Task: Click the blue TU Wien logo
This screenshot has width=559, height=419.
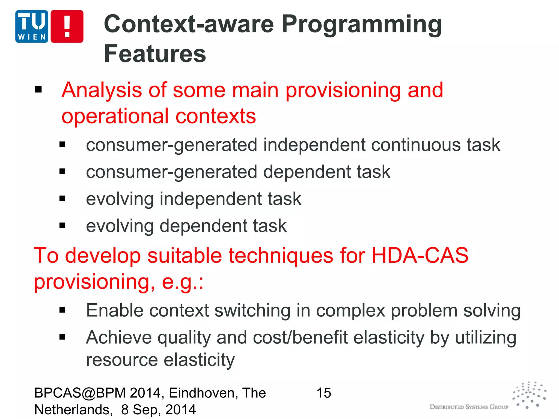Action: point(32,26)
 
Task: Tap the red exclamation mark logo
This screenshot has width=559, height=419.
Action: point(67,26)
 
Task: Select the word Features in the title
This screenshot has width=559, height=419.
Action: point(155,54)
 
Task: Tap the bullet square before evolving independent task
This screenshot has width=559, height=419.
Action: point(62,199)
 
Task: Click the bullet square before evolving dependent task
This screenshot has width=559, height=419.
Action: point(62,226)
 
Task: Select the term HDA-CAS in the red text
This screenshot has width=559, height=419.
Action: point(420,255)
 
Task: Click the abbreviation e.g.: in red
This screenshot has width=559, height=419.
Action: point(183,282)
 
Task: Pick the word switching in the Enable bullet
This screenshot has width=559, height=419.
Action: point(252,311)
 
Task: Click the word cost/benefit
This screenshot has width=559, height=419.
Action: point(300,337)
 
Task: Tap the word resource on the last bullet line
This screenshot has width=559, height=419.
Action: point(122,360)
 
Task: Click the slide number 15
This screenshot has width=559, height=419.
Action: point(324,393)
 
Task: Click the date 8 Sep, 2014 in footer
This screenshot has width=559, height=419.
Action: point(158,410)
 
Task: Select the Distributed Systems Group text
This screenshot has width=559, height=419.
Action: point(469,407)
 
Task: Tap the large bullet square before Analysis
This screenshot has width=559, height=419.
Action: point(38,89)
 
